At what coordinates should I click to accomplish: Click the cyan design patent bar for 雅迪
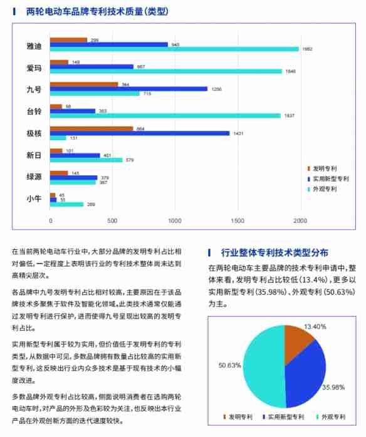tap(174, 49)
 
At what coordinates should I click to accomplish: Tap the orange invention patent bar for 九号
tap(84, 84)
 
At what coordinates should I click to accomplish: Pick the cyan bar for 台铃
tap(165, 115)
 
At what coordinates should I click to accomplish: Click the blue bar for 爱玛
tap(91, 66)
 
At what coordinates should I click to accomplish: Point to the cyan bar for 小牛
tap(66, 204)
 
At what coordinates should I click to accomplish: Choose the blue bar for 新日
tap(75, 155)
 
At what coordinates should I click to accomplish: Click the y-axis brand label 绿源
tap(34, 177)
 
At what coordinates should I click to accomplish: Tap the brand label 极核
tap(34, 133)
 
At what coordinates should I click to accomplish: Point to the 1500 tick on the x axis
tap(238, 221)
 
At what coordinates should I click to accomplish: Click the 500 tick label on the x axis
tap(113, 221)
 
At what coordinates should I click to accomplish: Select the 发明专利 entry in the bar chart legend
tap(325, 169)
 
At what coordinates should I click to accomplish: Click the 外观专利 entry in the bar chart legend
tap(325, 188)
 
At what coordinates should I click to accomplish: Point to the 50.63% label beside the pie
tap(230, 365)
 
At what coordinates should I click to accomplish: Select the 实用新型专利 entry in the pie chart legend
tap(286, 416)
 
